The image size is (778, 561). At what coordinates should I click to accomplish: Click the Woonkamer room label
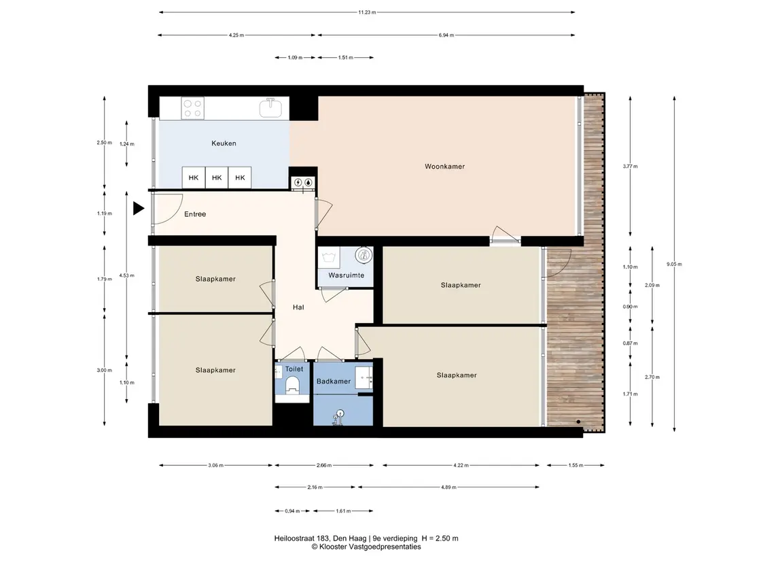444,167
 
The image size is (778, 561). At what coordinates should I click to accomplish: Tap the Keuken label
224,143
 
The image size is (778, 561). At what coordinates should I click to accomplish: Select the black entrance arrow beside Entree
139,209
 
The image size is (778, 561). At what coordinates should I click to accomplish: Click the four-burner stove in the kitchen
192,108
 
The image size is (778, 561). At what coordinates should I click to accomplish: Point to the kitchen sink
271,108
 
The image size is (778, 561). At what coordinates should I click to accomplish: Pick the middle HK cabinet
217,177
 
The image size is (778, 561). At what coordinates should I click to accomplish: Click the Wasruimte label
347,275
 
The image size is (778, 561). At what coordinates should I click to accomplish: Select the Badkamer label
334,381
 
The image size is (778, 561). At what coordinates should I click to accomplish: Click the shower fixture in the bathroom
339,417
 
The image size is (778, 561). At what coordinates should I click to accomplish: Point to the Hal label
298,307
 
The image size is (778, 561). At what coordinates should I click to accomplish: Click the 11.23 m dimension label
367,12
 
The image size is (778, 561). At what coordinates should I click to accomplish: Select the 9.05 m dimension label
674,264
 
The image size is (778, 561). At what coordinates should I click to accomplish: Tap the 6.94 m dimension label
446,35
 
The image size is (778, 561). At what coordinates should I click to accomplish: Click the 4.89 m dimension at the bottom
448,487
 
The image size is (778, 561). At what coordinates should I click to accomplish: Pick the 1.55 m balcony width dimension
576,465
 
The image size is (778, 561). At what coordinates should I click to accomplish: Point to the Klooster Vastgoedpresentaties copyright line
366,547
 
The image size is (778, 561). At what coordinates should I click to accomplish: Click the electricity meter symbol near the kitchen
298,182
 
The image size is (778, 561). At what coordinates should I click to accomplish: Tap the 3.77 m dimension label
630,167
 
